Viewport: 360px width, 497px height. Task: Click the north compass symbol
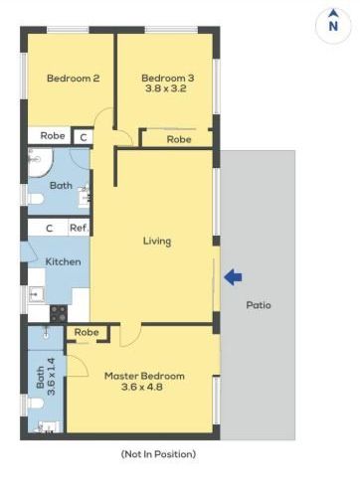point(333,25)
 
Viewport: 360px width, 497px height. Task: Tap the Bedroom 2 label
point(74,79)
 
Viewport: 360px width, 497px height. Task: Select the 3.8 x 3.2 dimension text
point(166,88)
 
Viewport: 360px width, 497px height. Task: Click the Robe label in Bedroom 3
point(179,139)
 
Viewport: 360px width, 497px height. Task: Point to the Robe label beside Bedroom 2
point(53,135)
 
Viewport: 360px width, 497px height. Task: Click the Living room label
point(157,242)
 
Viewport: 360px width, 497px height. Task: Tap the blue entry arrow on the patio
point(233,277)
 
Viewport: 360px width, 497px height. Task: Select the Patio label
point(259,305)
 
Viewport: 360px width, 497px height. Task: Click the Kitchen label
point(63,261)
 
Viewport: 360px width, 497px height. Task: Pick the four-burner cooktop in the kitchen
point(59,313)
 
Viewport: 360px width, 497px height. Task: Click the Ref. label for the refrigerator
point(79,228)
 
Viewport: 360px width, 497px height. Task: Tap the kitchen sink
point(36,294)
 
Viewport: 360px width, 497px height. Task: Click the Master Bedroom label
point(144,376)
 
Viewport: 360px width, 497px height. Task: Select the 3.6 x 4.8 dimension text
point(142,387)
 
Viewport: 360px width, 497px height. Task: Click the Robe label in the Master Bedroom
point(87,332)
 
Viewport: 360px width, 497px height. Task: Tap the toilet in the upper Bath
point(36,199)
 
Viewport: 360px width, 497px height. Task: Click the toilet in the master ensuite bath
point(36,404)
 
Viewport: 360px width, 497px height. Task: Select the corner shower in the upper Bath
point(41,162)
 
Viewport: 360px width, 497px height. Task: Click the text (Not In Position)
point(158,454)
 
